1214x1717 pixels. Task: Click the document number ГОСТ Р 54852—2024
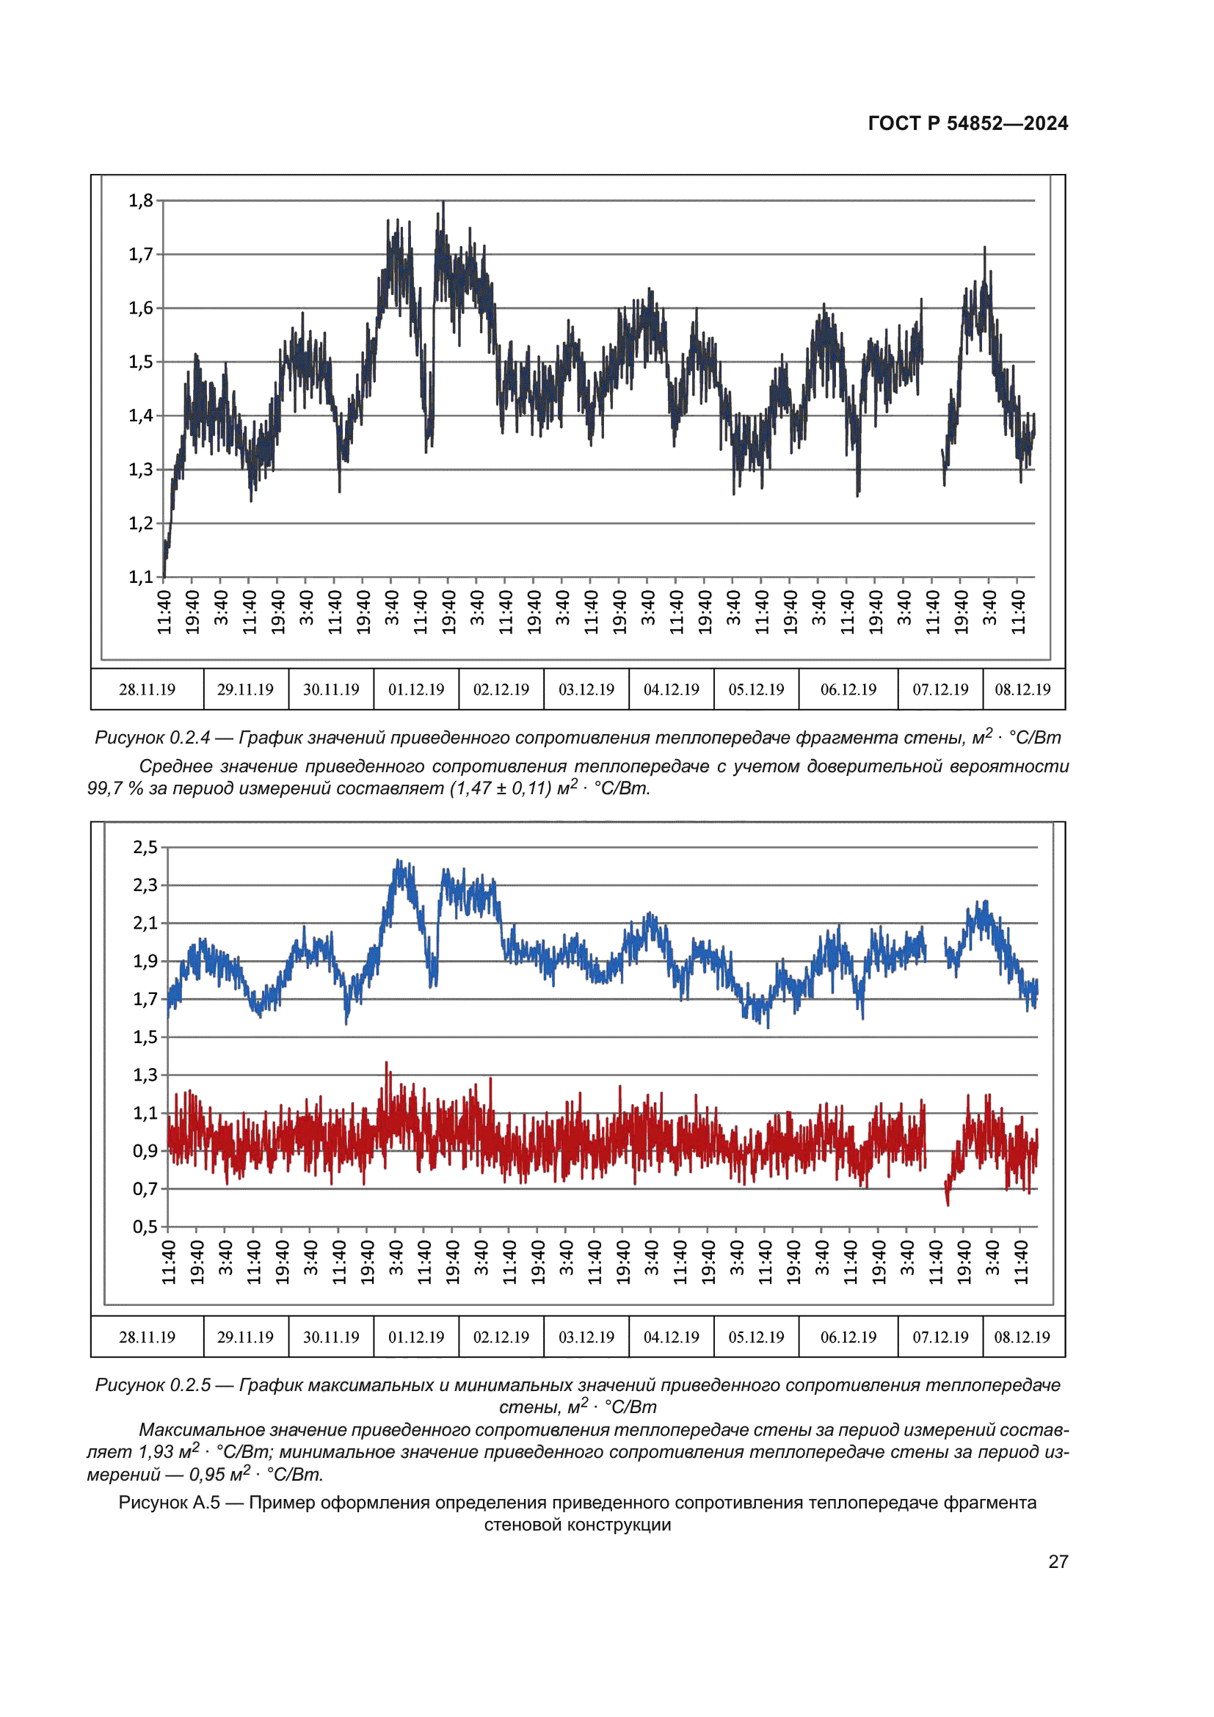[x=967, y=123]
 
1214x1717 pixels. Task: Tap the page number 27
[x=1058, y=1561]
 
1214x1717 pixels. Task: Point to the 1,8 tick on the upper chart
[x=140, y=200]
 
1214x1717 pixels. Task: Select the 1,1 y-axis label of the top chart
[x=140, y=576]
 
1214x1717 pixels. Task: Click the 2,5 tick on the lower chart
[x=145, y=847]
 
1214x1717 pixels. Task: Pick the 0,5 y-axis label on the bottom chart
[x=145, y=1227]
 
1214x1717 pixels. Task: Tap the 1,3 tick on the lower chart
[x=145, y=1075]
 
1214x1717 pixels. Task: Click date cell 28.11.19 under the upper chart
[x=148, y=689]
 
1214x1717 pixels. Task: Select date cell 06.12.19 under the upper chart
[x=848, y=689]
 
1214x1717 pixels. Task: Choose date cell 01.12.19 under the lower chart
[x=415, y=1337]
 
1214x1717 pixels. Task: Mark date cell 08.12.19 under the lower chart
[x=1022, y=1337]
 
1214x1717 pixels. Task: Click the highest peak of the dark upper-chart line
[x=443, y=203]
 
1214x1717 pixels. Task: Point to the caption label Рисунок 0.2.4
[x=153, y=738]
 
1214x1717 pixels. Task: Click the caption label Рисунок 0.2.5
[x=153, y=1386]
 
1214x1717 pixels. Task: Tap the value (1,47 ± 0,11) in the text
[x=500, y=788]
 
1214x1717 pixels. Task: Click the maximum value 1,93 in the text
[x=156, y=1452]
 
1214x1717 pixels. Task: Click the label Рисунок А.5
[x=169, y=1503]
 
